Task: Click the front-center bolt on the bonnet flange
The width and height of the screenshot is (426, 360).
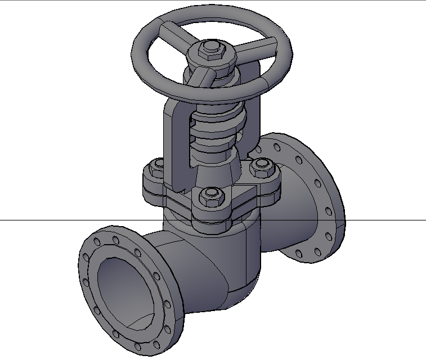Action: pos(211,195)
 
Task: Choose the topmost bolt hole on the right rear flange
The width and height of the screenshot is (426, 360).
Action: pos(277,147)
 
